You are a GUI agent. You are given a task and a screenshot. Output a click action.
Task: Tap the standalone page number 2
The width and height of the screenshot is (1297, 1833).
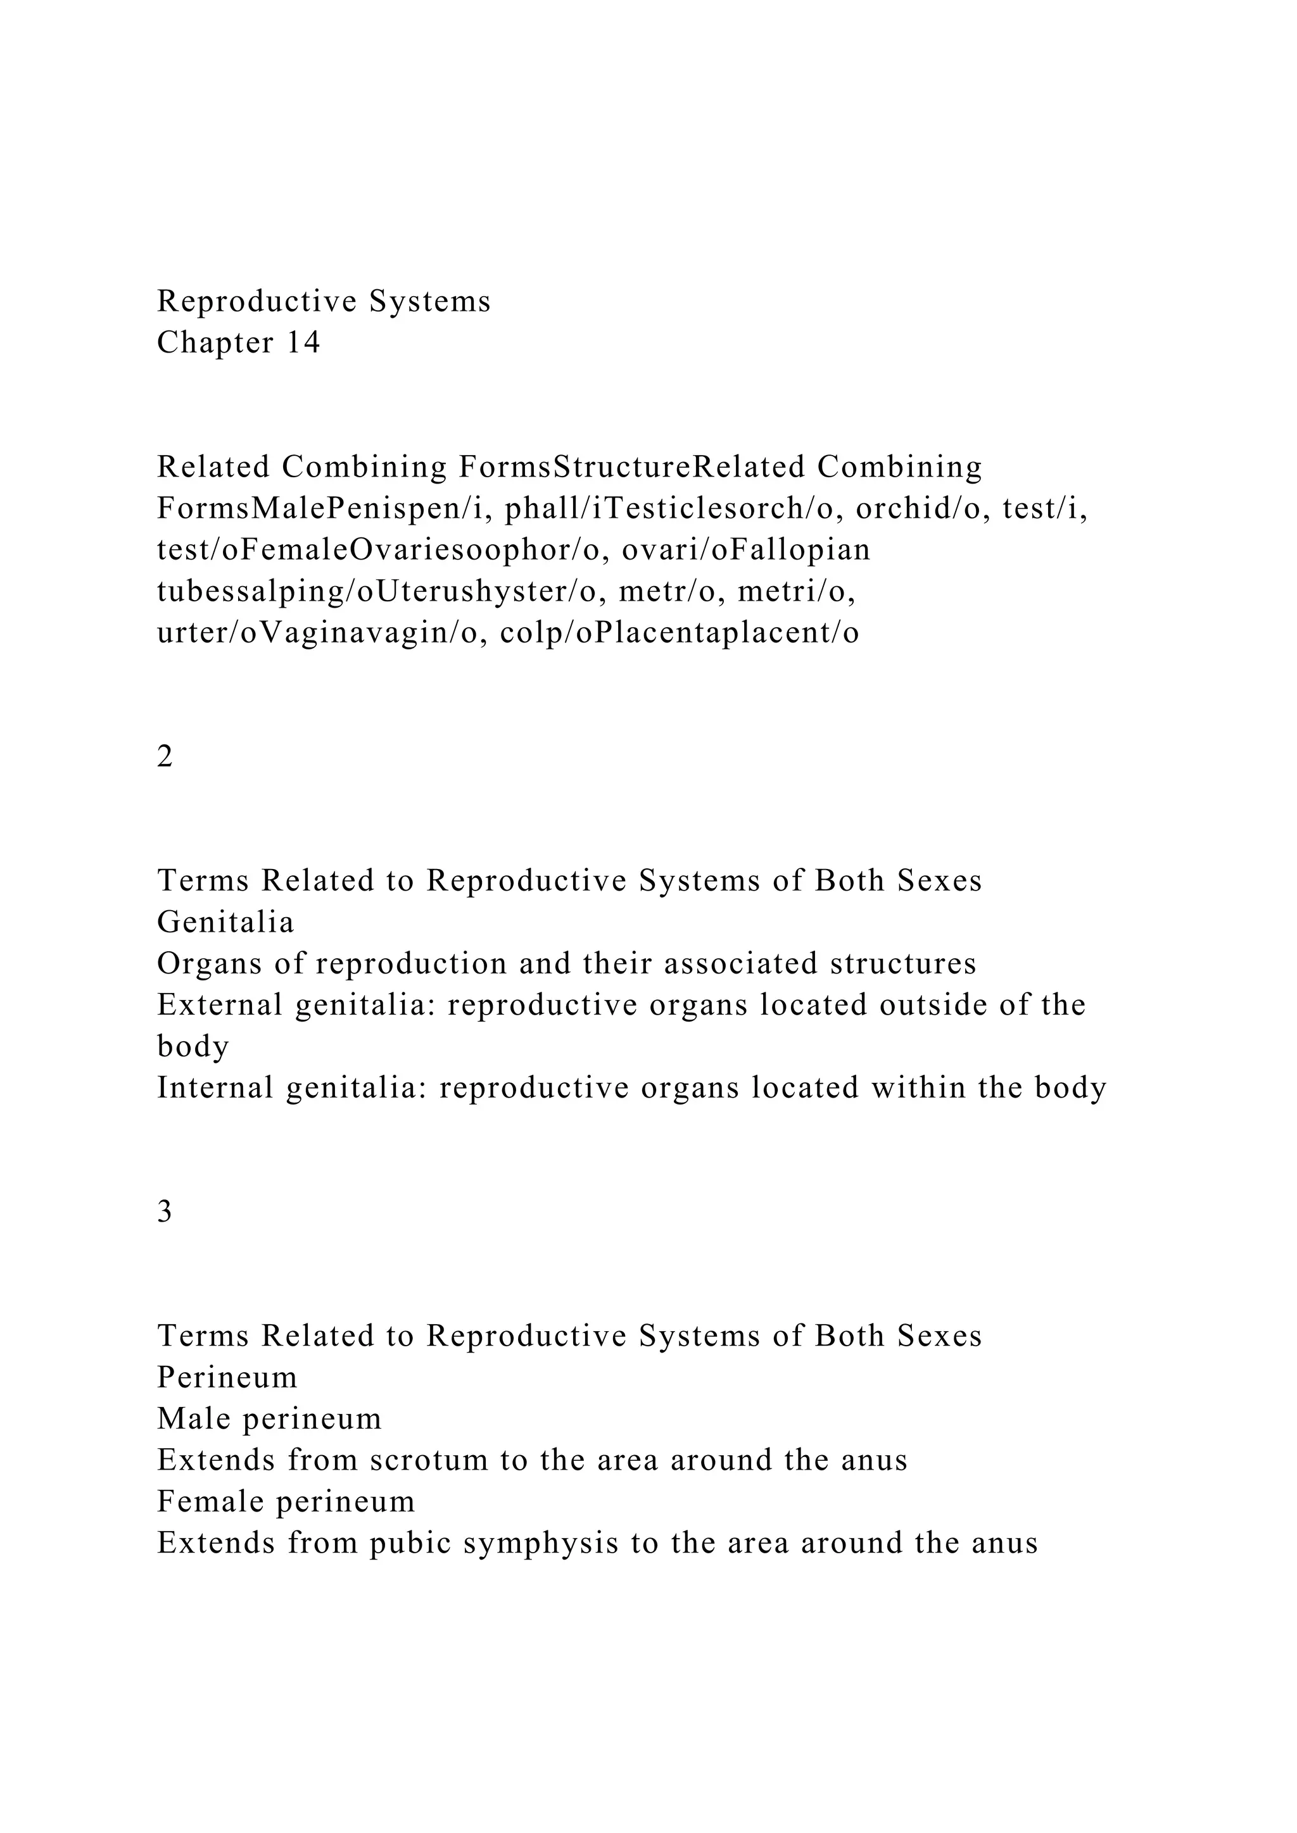[x=165, y=755]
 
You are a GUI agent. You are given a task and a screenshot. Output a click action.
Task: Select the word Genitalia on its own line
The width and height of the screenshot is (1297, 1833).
[x=225, y=922]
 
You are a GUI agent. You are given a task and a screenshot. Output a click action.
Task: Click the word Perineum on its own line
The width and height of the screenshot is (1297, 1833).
[x=227, y=1377]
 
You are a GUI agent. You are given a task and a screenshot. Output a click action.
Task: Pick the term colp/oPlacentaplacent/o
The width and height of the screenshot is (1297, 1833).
[x=680, y=633]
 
